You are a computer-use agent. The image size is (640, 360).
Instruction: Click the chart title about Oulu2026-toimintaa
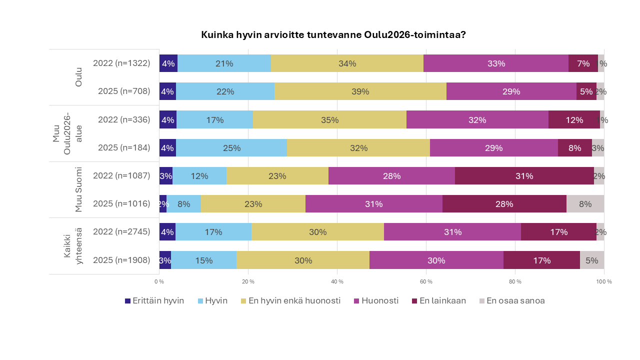(x=333, y=35)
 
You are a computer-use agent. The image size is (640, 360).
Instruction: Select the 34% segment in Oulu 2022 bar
(x=347, y=63)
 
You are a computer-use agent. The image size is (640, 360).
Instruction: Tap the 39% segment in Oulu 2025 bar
(x=360, y=91)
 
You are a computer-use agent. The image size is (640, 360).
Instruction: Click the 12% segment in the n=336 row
(x=574, y=120)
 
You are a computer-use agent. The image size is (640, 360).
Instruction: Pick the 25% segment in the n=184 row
(x=232, y=148)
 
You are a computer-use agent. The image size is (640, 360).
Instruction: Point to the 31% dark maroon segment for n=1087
(x=524, y=176)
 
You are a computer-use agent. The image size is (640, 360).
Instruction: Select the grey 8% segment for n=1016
(x=585, y=204)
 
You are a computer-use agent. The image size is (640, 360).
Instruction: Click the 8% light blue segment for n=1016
(x=183, y=204)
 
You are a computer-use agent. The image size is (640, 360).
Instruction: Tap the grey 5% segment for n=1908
(x=592, y=260)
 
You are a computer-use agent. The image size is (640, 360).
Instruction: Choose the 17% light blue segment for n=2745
(x=213, y=232)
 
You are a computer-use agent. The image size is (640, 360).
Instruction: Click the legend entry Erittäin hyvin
(x=154, y=301)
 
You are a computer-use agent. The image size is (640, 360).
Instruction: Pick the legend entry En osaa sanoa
(x=511, y=301)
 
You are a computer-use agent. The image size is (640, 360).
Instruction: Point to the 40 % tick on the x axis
(x=337, y=282)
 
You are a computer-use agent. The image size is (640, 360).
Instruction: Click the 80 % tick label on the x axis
(x=515, y=282)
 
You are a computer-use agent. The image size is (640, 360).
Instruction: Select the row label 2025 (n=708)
(x=121, y=91)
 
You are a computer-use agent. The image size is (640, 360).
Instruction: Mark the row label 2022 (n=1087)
(x=121, y=176)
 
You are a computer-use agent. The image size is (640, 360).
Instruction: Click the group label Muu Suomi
(x=79, y=190)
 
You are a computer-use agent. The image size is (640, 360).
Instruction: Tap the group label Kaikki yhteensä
(x=72, y=246)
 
